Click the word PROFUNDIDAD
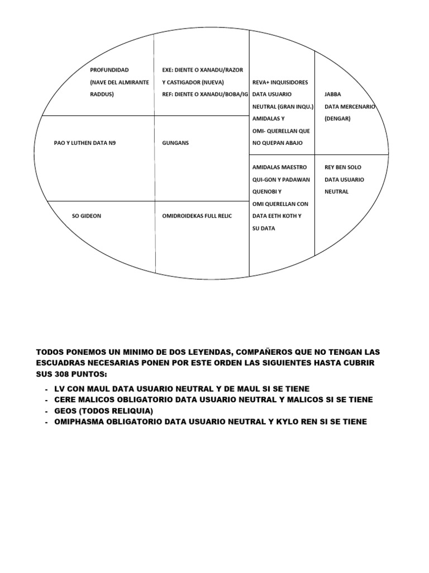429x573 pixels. (109, 70)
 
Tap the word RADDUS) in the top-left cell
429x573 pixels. (102, 95)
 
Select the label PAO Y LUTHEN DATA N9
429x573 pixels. (85, 143)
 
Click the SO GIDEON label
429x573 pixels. (87, 216)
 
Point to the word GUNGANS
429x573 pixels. (175, 143)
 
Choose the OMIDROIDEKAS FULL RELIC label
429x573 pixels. (197, 216)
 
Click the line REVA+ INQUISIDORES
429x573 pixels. (280, 82)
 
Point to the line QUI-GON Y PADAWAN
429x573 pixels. (281, 180)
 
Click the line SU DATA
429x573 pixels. (264, 228)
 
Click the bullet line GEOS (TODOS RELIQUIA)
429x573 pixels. (103, 411)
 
